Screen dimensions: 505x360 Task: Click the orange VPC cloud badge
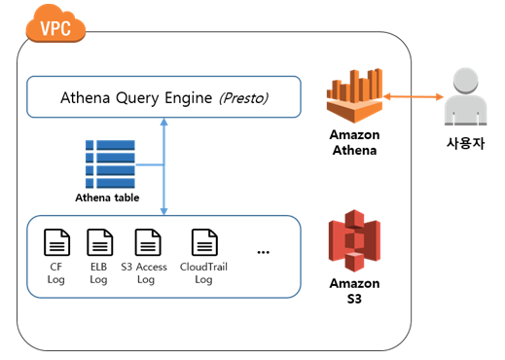55,24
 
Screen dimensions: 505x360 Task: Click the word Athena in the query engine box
86,97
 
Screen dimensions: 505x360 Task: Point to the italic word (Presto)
243,98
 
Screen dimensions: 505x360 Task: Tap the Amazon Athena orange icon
355,95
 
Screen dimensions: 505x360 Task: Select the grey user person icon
465,97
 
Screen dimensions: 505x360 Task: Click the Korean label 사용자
465,143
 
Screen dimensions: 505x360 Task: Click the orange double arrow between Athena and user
414,96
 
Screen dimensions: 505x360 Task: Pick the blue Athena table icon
110,164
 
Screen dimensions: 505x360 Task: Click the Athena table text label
107,198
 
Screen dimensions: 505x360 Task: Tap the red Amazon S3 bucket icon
354,240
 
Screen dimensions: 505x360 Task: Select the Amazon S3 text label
354,291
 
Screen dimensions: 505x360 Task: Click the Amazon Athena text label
354,142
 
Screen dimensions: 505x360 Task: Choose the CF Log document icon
56,242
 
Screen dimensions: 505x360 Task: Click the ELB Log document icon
100,242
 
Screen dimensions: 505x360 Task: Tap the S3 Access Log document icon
148,242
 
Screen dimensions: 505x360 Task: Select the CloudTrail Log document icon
204,242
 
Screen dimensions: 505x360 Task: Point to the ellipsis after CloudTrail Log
263,252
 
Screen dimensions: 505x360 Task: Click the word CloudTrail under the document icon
203,267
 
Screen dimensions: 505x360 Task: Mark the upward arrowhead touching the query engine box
164,122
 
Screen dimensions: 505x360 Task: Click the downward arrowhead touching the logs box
164,211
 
